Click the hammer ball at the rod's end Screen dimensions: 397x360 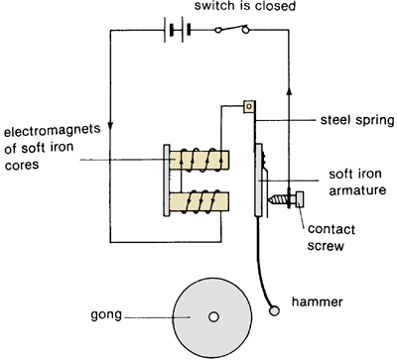click(274, 310)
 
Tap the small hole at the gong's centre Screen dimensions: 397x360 click(213, 317)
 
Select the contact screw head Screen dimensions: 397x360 click(300, 199)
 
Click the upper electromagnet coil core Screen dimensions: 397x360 click(199, 160)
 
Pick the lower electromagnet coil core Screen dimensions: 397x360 click(199, 201)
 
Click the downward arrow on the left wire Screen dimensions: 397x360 click(110, 127)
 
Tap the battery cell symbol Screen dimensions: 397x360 click(178, 30)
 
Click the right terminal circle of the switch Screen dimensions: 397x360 click(246, 31)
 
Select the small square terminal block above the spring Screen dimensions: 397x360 click(249, 106)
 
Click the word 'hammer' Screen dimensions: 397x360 click(317, 301)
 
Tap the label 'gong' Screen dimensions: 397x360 click(106, 315)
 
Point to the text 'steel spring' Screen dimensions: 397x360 click(357, 120)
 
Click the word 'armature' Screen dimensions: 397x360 click(357, 190)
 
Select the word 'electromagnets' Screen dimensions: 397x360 click(52, 130)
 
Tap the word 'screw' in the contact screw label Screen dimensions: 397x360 click(326, 246)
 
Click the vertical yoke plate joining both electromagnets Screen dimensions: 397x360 click(167, 180)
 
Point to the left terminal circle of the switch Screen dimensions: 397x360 click(217, 31)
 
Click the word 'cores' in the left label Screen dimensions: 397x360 click(22, 165)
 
